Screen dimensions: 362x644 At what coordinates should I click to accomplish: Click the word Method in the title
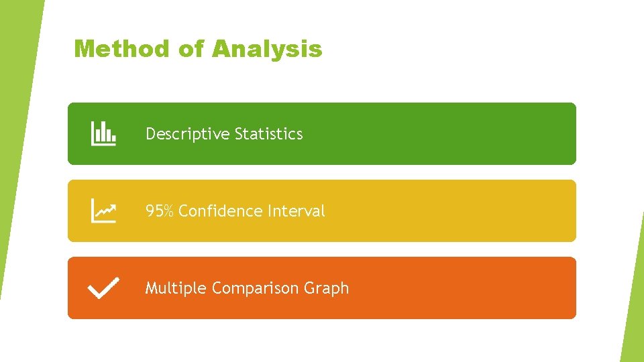pyautogui.click(x=122, y=49)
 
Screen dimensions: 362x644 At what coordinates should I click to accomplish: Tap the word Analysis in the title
pyautogui.click(x=267, y=49)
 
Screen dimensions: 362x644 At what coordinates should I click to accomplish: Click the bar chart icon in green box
pyautogui.click(x=103, y=133)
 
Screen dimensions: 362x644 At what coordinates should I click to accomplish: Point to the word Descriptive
pyautogui.click(x=188, y=134)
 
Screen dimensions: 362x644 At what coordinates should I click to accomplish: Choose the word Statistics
pyautogui.click(x=268, y=134)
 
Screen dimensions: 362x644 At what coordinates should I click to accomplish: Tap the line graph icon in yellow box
pyautogui.click(x=103, y=210)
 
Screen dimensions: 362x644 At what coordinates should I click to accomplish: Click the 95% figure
pyautogui.click(x=160, y=211)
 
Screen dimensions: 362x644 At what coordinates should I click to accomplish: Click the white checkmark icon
pyautogui.click(x=104, y=288)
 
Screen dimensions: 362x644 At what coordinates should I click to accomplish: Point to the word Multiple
pyautogui.click(x=176, y=288)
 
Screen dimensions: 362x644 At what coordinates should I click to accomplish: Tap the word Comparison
pyautogui.click(x=255, y=288)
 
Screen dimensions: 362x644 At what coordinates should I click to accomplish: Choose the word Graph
pyautogui.click(x=326, y=288)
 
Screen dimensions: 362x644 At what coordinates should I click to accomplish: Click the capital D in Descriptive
pyautogui.click(x=150, y=134)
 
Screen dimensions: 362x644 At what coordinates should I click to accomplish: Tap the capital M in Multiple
pyautogui.click(x=152, y=288)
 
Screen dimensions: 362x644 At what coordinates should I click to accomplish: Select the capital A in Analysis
pyautogui.click(x=221, y=49)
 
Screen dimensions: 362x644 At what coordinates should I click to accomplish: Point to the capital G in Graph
pyautogui.click(x=309, y=288)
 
